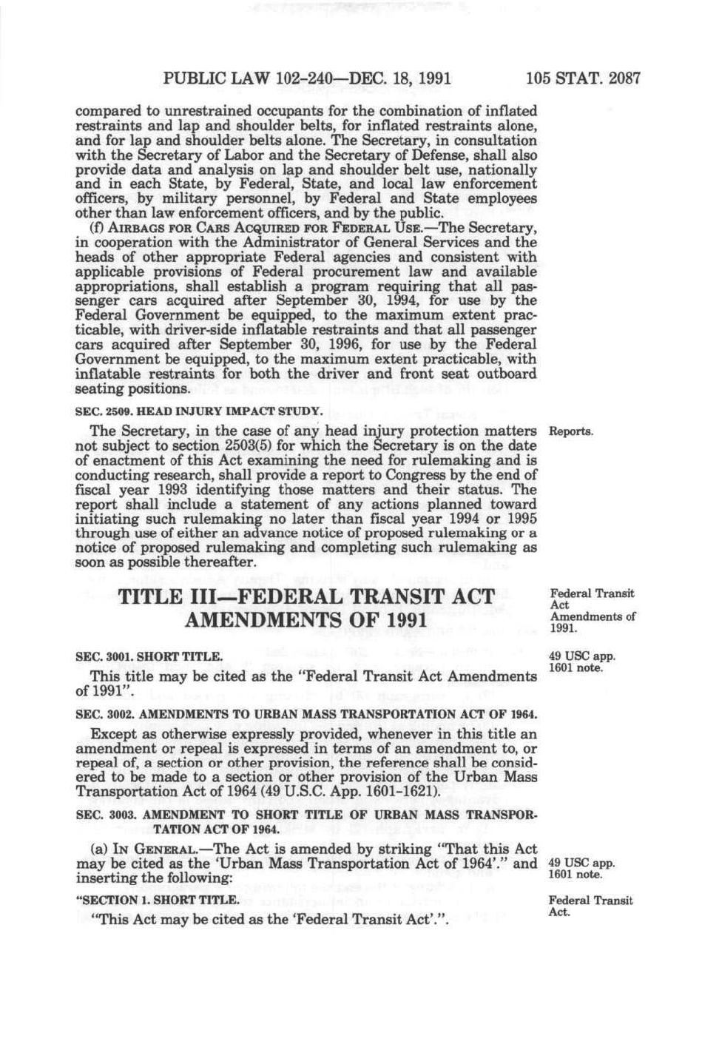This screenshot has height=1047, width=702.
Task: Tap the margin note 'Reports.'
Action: coord(571,431)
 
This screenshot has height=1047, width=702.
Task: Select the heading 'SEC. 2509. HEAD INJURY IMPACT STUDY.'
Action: coord(200,410)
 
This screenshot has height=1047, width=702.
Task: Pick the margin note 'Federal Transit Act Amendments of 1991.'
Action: coord(593,611)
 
